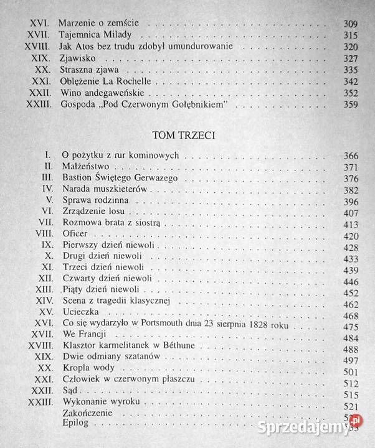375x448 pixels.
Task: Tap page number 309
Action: [x=351, y=24]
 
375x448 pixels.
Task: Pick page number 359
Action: [x=351, y=105]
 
